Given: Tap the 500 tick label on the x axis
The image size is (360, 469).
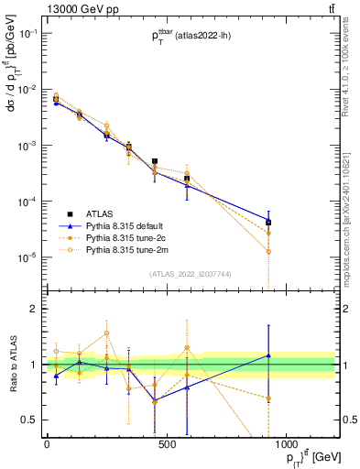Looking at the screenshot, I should coord(166,444).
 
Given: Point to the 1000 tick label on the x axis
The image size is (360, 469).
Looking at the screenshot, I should coord(286,444).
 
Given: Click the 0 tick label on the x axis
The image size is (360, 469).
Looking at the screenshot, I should coord(47,444).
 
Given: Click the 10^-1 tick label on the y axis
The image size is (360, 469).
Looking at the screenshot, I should coord(27,34).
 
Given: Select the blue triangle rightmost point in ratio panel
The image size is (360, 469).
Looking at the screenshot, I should coord(268,354).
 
